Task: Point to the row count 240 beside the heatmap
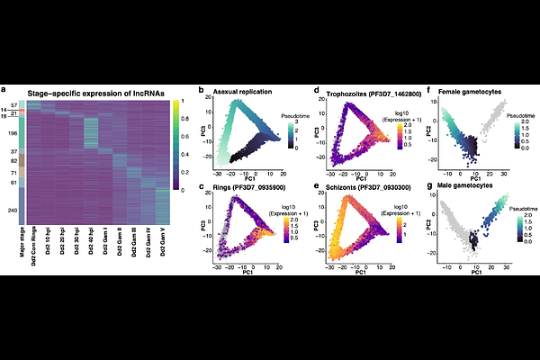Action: (12, 211)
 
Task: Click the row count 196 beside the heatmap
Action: (12, 134)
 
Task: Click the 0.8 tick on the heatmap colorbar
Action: (184, 116)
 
